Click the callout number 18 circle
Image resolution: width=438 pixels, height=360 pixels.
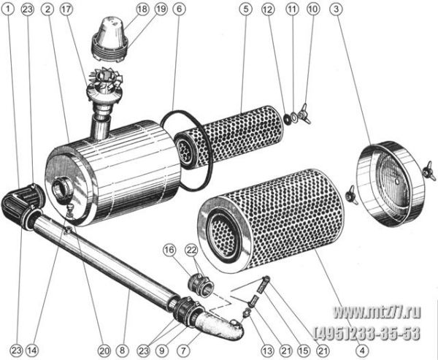(142, 9)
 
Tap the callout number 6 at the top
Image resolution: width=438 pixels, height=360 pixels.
(179, 9)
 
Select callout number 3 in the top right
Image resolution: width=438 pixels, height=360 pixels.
(336, 9)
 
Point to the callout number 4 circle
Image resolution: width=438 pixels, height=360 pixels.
(362, 351)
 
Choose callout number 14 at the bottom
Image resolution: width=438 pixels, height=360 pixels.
(32, 351)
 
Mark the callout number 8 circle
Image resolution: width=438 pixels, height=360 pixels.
(123, 351)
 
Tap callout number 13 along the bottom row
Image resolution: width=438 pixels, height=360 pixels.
(267, 351)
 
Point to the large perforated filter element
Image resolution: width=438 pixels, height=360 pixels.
(270, 221)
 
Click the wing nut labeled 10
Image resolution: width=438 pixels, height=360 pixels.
(304, 115)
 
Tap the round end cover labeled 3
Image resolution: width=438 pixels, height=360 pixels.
(391, 184)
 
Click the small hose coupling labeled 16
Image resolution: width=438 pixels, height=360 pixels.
(200, 285)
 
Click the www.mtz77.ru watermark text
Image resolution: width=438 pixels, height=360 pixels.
(377, 312)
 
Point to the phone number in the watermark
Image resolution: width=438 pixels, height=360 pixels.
(368, 333)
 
